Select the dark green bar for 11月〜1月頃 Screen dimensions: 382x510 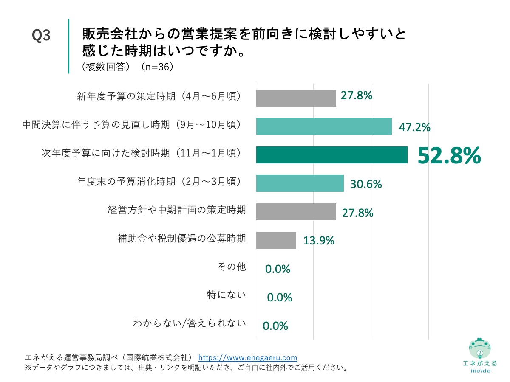point(331,155)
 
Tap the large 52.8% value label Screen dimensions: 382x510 point(449,155)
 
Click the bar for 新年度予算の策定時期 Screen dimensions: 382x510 point(296,98)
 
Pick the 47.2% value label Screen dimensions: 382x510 point(414,127)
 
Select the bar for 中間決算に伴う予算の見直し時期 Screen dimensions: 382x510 point(323,126)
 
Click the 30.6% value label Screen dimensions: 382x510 point(366,184)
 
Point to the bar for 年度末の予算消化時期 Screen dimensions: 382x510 point(300,183)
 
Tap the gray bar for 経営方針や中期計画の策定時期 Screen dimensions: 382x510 point(296,212)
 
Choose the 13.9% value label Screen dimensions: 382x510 point(319,241)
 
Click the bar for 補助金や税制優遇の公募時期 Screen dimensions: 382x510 point(276,240)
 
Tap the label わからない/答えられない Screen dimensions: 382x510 point(190,324)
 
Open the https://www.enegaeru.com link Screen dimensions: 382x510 point(248,357)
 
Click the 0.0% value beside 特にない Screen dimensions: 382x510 point(279,298)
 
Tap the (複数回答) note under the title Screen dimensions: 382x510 point(104,67)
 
